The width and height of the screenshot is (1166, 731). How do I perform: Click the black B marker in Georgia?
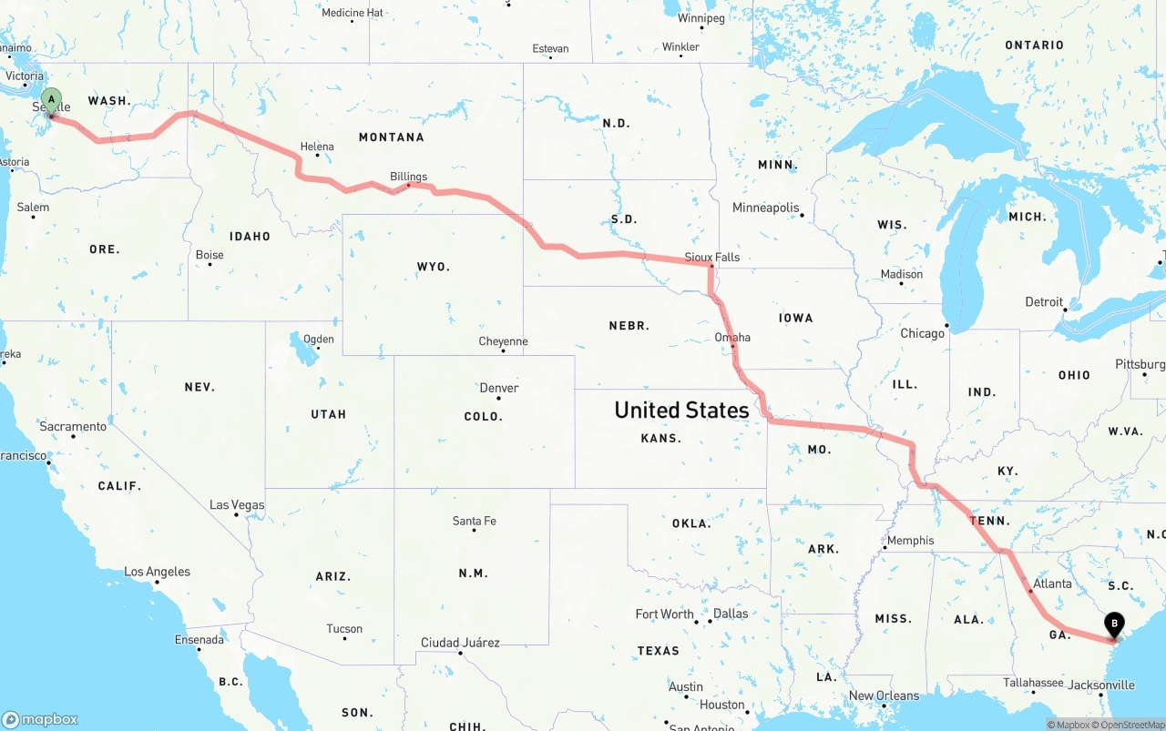coord(1113,624)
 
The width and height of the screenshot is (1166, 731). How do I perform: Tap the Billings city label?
coord(408,177)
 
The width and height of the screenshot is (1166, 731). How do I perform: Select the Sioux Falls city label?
coord(712,258)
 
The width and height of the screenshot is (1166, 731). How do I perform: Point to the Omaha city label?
coord(732,338)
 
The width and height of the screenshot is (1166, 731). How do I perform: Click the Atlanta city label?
coord(1053,584)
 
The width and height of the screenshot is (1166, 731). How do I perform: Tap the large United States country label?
coord(681,410)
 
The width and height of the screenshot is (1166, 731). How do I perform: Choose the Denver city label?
coord(499,388)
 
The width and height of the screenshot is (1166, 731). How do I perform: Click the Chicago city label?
coord(922,333)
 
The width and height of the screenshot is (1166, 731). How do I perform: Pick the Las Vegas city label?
coord(237,505)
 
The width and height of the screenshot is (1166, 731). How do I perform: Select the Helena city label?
coord(317,147)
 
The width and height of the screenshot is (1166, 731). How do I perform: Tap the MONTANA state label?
coord(391,137)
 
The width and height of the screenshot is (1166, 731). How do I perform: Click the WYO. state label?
coord(433,267)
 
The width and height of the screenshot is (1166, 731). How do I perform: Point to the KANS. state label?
coord(660,438)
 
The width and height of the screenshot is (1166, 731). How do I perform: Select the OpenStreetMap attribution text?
coord(1133,725)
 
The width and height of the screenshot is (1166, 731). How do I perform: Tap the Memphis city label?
coord(910,541)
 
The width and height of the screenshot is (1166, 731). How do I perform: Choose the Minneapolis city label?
coord(765,208)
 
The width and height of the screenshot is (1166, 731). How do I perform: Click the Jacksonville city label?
coord(1102,685)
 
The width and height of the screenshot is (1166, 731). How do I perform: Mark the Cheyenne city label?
coord(503,342)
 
